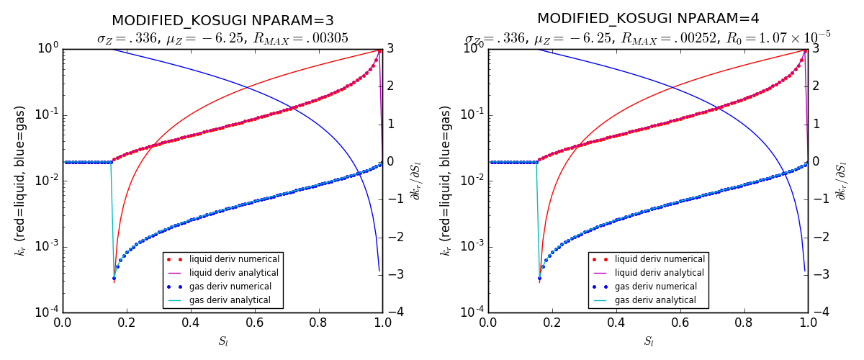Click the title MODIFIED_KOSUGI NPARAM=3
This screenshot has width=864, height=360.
(222, 19)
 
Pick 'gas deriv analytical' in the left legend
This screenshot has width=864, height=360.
(230, 300)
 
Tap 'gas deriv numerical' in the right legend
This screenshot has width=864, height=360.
(655, 287)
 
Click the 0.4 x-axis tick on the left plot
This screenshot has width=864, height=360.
(191, 323)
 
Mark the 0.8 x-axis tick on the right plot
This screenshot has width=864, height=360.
(744, 323)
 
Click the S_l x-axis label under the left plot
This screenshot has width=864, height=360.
(223, 341)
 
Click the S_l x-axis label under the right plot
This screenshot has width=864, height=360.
(649, 341)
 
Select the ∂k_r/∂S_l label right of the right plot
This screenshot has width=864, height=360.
(841, 180)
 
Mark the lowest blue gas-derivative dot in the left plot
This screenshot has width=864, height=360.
(114, 278)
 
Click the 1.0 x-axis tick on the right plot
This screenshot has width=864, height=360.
(808, 323)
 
